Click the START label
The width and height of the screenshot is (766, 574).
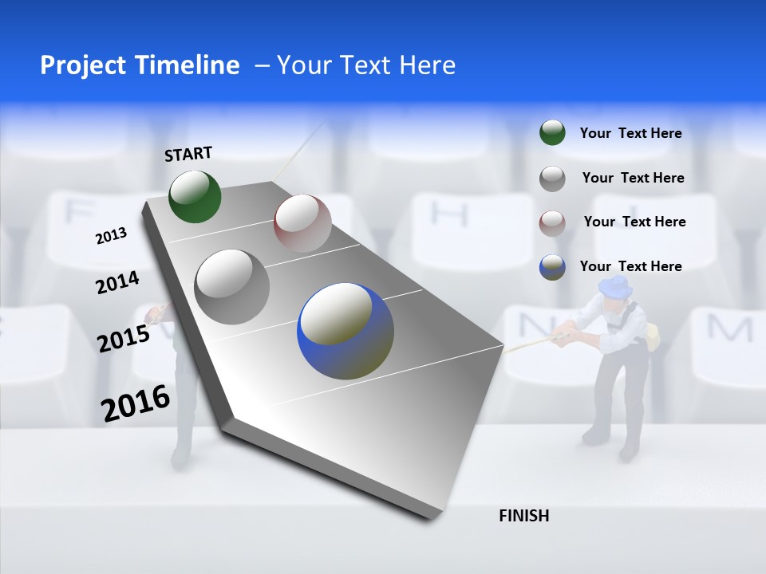(188, 153)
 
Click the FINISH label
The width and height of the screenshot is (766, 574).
(523, 516)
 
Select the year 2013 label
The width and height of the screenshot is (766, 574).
(111, 235)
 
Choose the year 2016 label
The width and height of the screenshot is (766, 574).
(135, 403)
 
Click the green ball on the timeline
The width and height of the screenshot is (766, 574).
(195, 196)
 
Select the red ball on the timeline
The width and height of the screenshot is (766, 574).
(302, 223)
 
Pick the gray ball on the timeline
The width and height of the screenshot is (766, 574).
(232, 287)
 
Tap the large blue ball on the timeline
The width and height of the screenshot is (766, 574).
(345, 331)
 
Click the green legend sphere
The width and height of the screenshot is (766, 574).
(552, 133)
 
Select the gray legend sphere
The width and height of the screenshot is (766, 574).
(552, 178)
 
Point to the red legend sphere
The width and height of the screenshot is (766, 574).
(552, 222)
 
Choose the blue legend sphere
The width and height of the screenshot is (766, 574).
(552, 266)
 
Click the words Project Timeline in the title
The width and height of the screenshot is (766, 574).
(140, 65)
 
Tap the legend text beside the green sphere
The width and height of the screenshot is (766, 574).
(630, 133)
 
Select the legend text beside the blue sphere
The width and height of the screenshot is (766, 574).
(630, 266)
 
